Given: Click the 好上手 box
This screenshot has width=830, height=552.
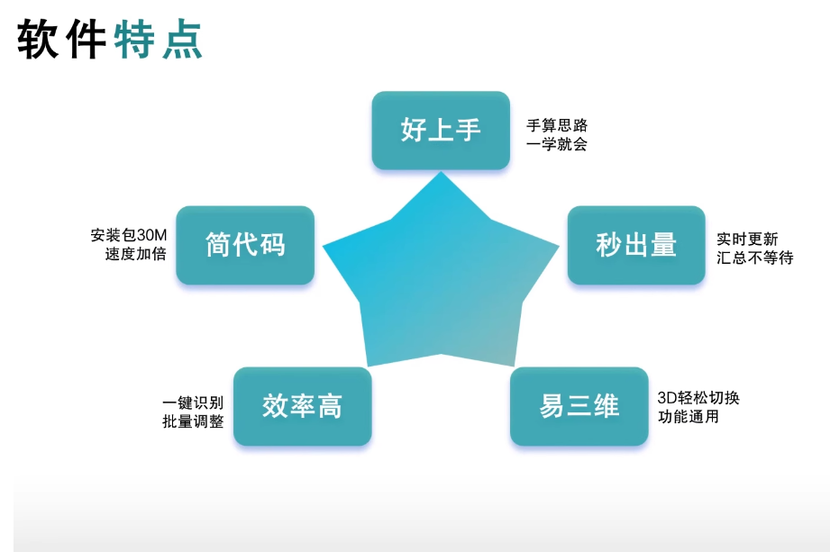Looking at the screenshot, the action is point(441,130).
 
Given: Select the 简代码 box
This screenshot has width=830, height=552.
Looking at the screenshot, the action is point(245,245).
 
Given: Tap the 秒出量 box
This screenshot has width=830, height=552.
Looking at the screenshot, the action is point(636,245).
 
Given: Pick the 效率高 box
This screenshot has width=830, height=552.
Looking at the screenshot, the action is point(302,406).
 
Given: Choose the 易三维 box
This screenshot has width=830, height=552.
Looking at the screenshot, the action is point(579,406).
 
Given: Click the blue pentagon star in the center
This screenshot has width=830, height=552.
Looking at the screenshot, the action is point(441,275).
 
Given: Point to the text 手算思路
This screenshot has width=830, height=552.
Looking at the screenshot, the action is point(557,125).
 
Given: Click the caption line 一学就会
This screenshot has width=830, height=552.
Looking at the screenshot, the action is point(557,144).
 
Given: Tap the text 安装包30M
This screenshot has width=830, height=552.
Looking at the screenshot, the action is point(129,235).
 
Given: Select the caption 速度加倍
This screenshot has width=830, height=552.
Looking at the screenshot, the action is point(136,254).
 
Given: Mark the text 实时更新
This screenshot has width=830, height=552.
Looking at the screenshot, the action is point(747,239).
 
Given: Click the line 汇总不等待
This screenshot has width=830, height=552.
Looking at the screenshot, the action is point(755,258).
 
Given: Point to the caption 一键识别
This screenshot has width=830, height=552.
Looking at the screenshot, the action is point(193,403).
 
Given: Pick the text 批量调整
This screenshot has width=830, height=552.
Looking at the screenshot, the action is point(193,421).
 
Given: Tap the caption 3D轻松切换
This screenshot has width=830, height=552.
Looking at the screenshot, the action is point(698,398).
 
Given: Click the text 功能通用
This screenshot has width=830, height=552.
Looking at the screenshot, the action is point(689,417).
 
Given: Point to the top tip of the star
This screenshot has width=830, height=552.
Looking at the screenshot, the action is point(441,172).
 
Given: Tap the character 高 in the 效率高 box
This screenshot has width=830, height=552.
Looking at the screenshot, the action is point(330,406).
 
